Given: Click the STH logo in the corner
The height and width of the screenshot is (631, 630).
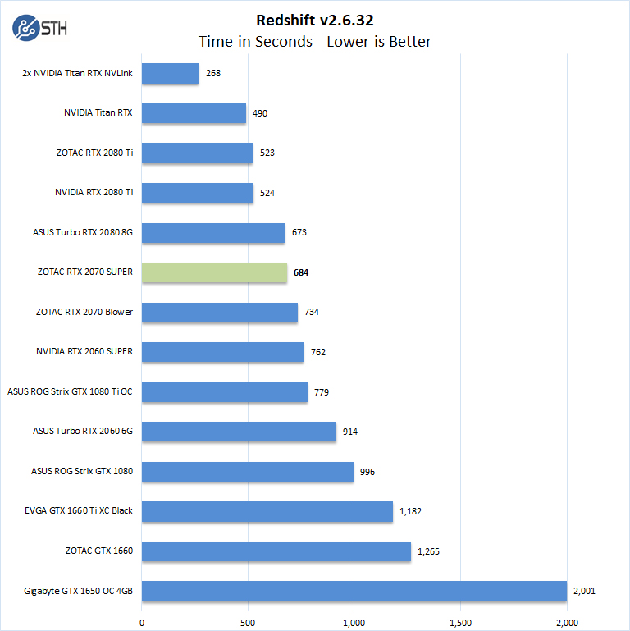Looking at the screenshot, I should (39, 27).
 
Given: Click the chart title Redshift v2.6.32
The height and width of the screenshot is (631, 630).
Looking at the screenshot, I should (315, 20).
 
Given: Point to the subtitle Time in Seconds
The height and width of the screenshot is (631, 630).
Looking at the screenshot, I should (314, 41).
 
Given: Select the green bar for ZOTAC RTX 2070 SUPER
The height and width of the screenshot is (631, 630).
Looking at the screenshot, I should (214, 272).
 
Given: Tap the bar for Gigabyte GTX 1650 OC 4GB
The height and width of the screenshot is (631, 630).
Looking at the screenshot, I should (354, 591).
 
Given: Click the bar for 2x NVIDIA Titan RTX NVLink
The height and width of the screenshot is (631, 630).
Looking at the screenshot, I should (170, 73).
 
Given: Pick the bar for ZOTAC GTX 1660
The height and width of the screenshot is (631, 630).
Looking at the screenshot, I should (276, 551).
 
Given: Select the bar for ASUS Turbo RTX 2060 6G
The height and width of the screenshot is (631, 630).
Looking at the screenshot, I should (239, 432).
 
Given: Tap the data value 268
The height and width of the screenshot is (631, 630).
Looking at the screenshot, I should (213, 73).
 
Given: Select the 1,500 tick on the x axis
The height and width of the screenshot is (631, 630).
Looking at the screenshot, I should (461, 621).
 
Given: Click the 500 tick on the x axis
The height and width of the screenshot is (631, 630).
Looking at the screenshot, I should (249, 621).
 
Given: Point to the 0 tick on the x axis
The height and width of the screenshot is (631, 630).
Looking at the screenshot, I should (142, 621).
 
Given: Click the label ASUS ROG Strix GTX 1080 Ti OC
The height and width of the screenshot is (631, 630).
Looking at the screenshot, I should (70, 392).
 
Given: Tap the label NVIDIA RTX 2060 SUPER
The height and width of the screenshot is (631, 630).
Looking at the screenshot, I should (84, 352).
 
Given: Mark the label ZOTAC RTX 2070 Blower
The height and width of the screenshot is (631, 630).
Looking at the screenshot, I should (84, 312).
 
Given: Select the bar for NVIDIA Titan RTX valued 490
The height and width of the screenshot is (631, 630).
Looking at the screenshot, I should (194, 113).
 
